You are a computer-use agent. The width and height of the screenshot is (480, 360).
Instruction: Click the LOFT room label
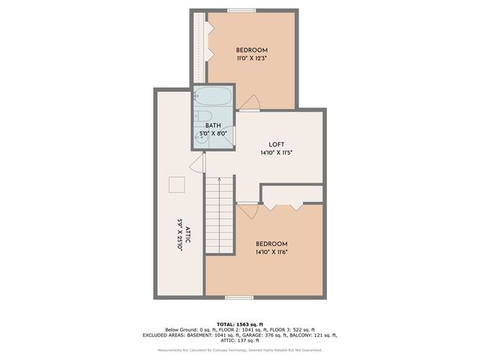click(276, 144)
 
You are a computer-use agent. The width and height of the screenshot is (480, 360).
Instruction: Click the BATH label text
click(213, 125)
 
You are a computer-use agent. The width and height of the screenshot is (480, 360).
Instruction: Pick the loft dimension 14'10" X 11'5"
click(276, 152)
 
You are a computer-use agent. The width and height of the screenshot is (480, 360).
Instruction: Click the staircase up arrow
click(220, 180)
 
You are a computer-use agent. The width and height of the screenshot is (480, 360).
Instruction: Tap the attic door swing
click(199, 163)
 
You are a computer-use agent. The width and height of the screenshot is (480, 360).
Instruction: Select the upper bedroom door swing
click(253, 102)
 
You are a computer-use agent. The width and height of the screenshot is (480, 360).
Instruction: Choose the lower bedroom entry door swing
click(247, 209)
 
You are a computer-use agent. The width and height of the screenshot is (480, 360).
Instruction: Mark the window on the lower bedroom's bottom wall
click(238, 298)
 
